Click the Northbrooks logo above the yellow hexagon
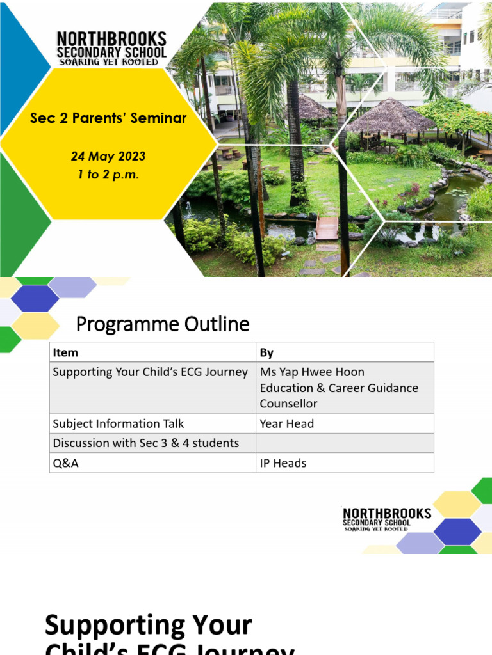[x=111, y=48]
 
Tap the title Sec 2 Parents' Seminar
[x=108, y=118]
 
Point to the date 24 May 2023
[x=108, y=156]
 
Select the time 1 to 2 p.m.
[x=108, y=174]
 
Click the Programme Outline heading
[x=163, y=325]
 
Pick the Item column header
[x=65, y=352]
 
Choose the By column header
[x=266, y=352]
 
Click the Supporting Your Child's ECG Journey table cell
[x=150, y=372]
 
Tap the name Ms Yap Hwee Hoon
[x=312, y=372]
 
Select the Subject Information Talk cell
[x=119, y=423]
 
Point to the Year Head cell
[x=286, y=423]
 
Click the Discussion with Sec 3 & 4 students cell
[x=146, y=443]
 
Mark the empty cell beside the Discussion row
[x=345, y=443]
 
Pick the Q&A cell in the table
[x=66, y=462]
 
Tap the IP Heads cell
[x=283, y=462]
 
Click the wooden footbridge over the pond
[x=327, y=227]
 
